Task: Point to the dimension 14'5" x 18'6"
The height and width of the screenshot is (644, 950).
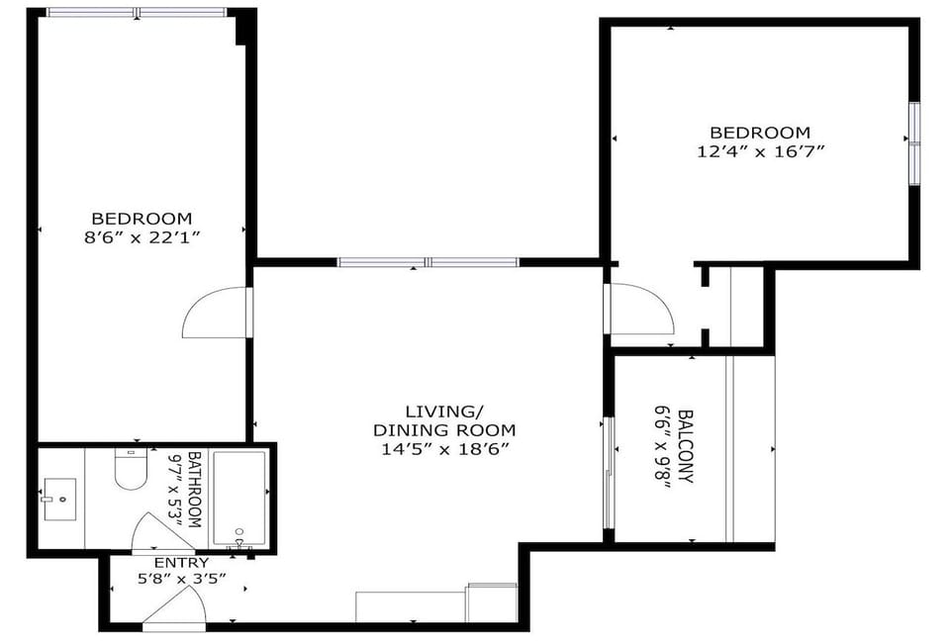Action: point(444,448)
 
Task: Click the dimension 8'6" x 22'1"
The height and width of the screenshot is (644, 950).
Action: point(142,237)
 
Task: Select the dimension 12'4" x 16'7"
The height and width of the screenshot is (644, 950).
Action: point(760,151)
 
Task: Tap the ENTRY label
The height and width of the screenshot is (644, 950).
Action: point(181,563)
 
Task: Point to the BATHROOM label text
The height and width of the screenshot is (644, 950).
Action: point(194,489)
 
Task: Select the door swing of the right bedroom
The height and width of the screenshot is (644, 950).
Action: point(641,310)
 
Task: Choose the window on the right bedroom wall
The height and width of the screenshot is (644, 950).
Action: point(914,143)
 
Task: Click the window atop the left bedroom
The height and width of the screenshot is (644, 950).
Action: point(137,13)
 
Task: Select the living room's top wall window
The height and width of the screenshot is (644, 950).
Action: point(427,262)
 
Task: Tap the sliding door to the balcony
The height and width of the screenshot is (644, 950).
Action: point(609,473)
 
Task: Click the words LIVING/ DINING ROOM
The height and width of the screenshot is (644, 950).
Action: point(444,420)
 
